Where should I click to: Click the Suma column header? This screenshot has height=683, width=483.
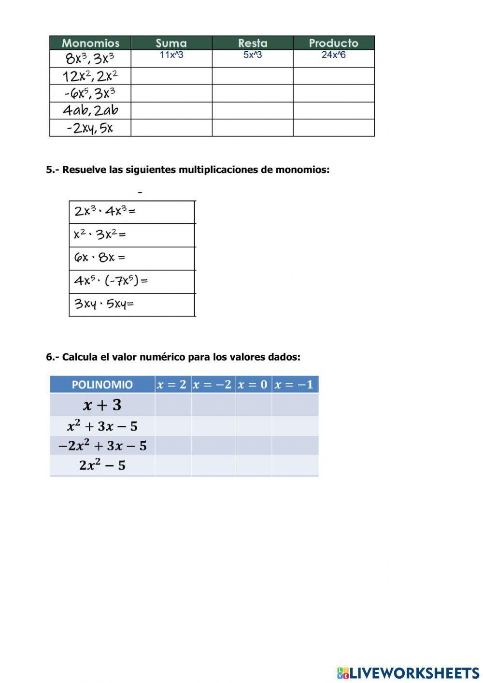(x=171, y=43)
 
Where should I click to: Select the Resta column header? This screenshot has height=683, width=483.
(x=253, y=43)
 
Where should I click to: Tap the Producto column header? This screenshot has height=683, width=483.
(x=334, y=43)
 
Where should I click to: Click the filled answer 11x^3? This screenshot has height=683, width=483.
(x=171, y=55)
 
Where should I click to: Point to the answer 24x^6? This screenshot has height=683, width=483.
(x=334, y=55)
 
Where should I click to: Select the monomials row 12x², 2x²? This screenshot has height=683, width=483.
(x=90, y=76)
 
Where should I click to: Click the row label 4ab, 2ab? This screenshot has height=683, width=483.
(x=90, y=111)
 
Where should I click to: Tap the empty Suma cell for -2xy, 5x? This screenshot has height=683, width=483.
(x=171, y=128)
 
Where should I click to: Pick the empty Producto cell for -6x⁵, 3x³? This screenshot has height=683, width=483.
(x=334, y=93)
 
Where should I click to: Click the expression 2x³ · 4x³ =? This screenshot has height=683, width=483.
(x=105, y=211)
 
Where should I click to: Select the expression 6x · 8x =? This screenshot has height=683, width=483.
(x=99, y=258)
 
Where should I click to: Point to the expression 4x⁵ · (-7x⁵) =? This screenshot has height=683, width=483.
(x=111, y=281)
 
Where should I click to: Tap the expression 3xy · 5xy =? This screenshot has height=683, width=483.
(x=104, y=304)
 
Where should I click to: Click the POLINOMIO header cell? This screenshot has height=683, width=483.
(x=102, y=385)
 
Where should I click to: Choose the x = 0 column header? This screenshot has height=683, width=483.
(x=253, y=385)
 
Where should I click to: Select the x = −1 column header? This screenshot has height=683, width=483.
(x=295, y=385)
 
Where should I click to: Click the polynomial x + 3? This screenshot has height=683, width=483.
(x=102, y=405)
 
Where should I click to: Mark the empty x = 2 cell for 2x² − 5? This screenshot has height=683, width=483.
(x=173, y=465)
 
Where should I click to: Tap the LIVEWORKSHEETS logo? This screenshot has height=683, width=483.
(x=408, y=672)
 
